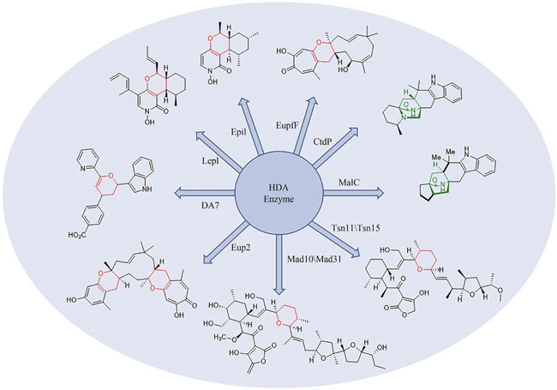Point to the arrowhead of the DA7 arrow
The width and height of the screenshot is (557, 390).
click(x=178, y=190)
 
